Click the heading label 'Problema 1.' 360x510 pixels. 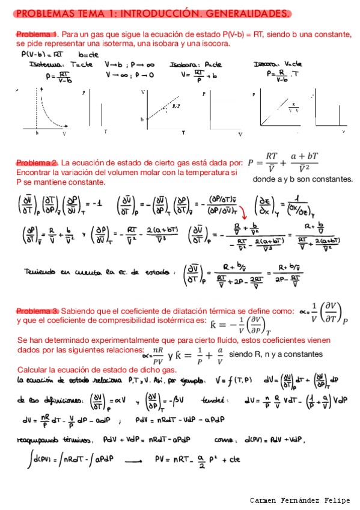(x=36, y=34)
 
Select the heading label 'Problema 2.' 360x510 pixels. (x=36, y=163)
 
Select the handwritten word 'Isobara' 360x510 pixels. (x=183, y=64)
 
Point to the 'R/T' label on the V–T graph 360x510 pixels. (x=175, y=106)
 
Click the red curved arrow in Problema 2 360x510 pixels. (x=243, y=212)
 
